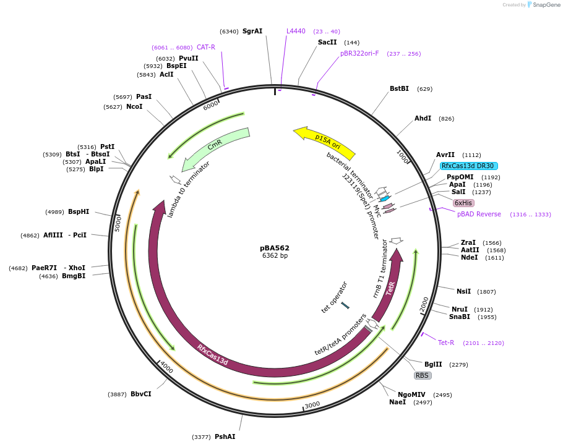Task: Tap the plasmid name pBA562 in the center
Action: [275, 248]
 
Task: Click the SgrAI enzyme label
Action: [252, 32]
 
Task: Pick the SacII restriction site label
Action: [327, 43]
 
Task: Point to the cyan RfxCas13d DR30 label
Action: [468, 166]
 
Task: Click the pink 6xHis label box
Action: [463, 203]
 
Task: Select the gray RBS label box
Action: [422, 375]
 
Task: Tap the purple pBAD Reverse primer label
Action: [479, 215]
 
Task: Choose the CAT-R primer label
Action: [206, 48]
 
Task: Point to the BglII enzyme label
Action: [433, 365]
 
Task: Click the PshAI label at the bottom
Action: [225, 437]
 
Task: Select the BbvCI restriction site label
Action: [141, 394]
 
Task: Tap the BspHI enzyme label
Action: [79, 212]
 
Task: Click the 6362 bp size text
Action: [275, 256]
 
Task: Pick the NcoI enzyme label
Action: [134, 107]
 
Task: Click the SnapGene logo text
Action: [547, 5]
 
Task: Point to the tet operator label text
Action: [335, 297]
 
